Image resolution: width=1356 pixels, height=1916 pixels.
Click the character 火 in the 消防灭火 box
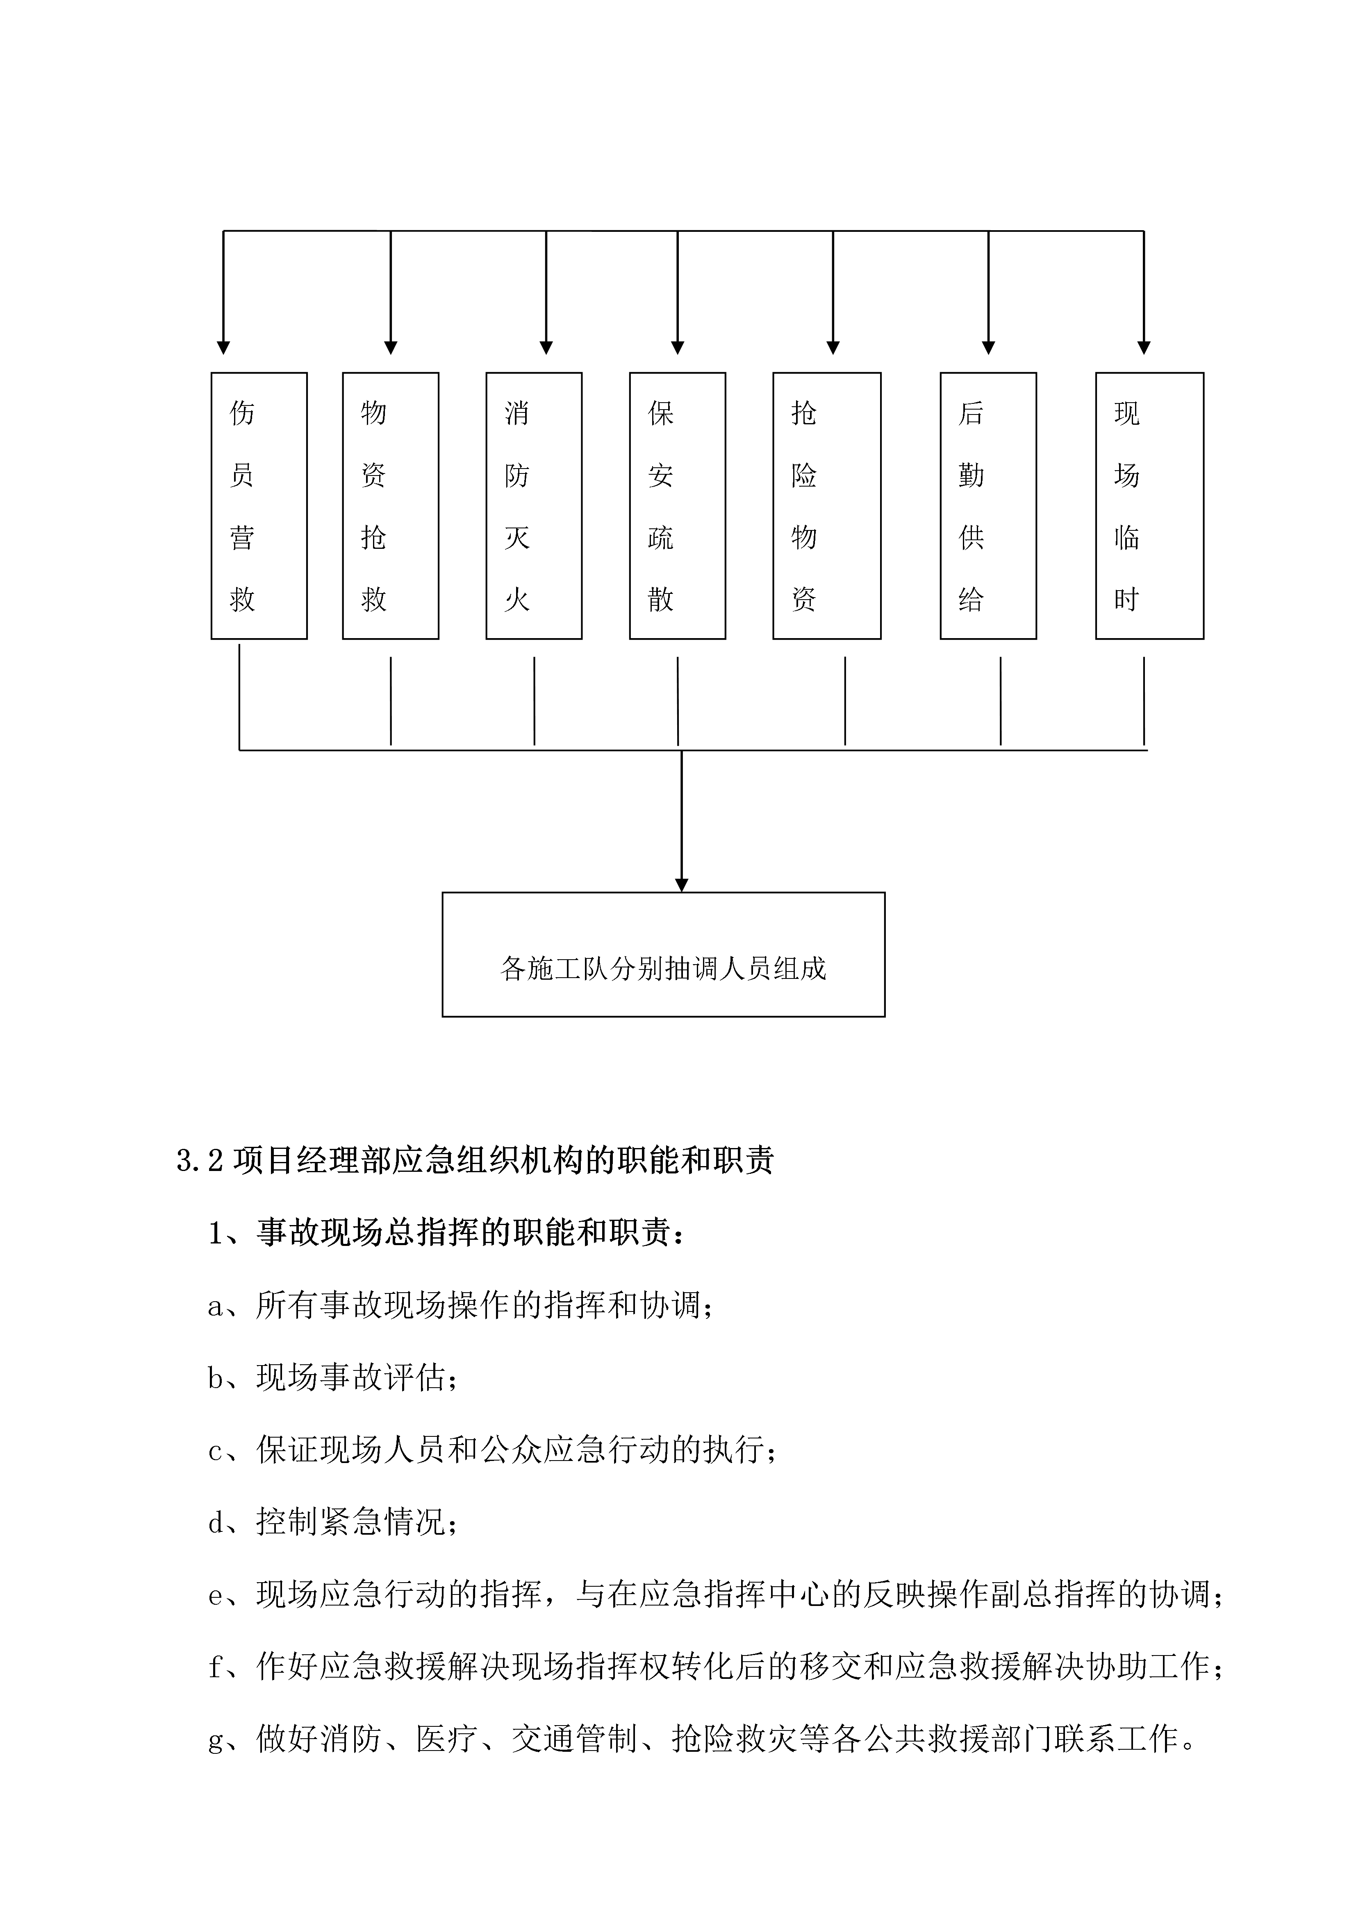(x=517, y=599)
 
